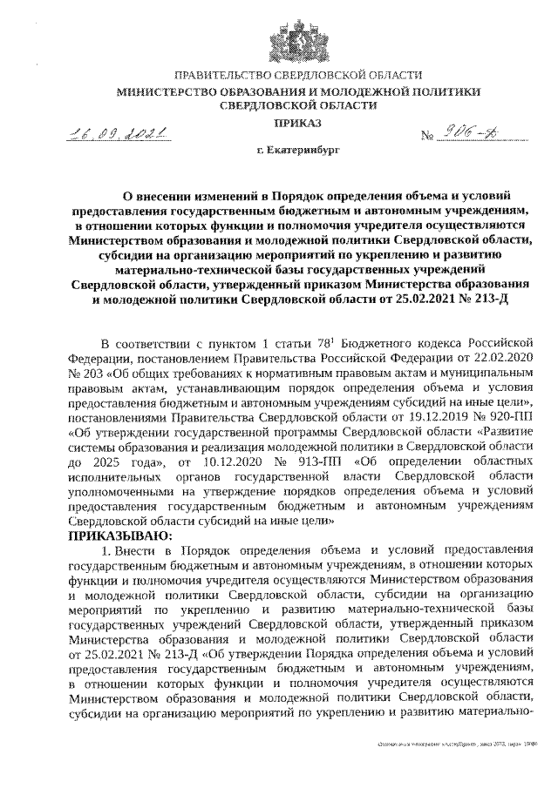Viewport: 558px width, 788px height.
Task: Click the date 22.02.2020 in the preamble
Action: click(498, 354)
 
